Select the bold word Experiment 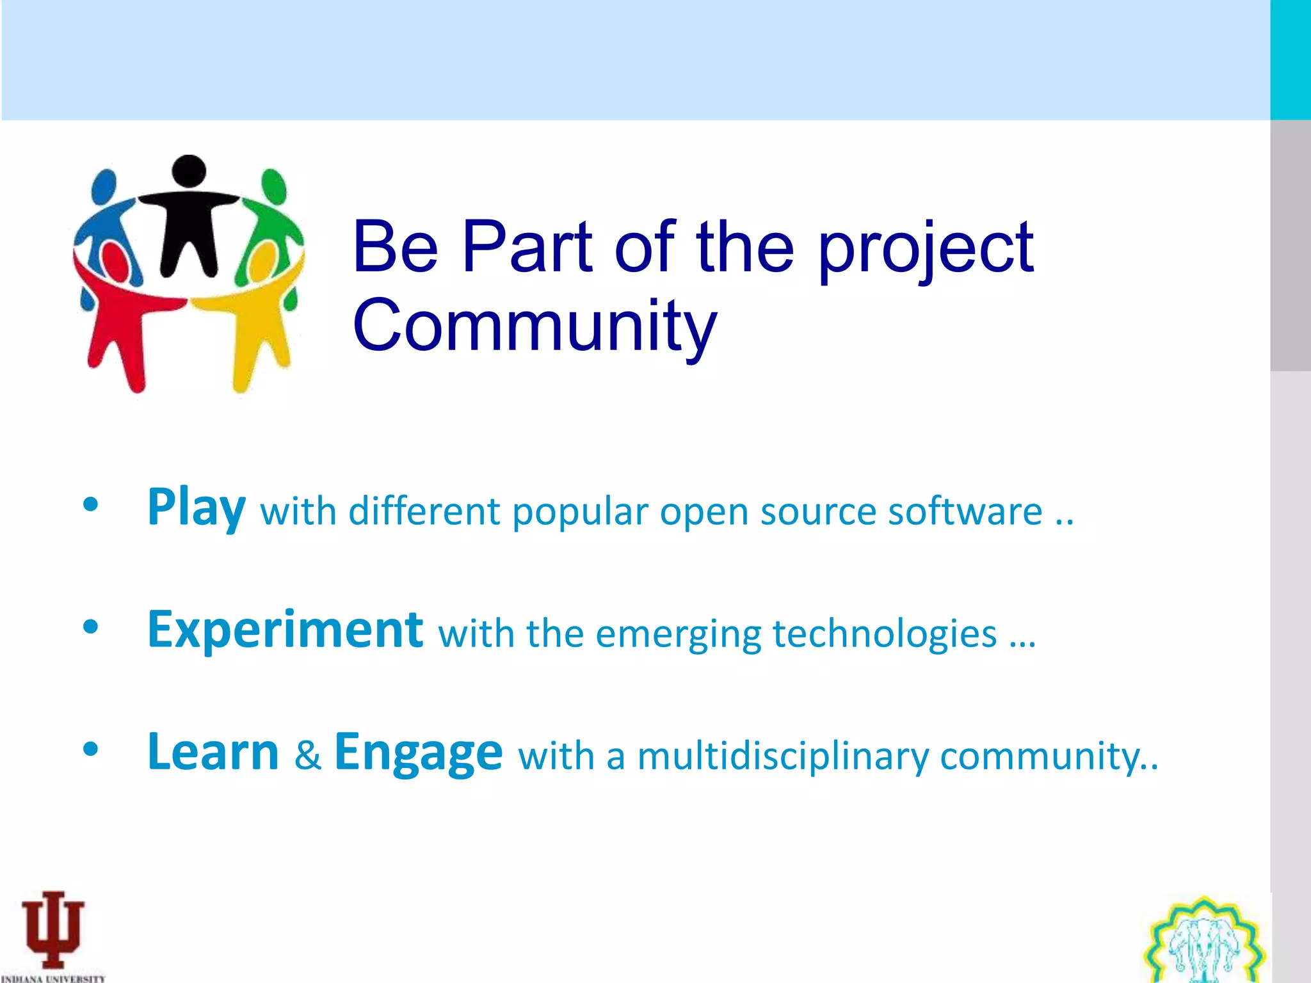pos(285,630)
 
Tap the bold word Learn pos(213,752)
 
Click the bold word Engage pos(418,753)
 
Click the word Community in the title pos(535,326)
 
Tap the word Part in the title pos(527,246)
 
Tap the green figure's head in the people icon pos(274,186)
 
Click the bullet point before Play pos(91,505)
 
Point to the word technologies pos(885,634)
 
